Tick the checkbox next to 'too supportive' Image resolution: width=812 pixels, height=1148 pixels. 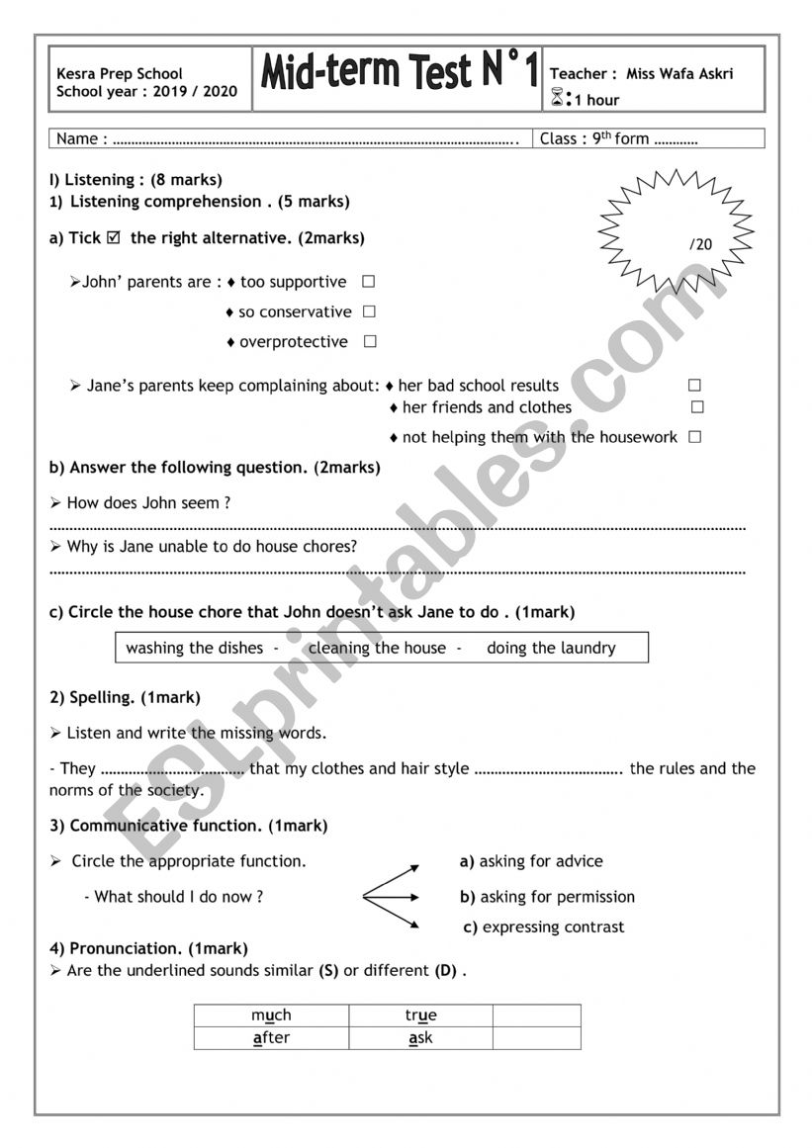point(368,282)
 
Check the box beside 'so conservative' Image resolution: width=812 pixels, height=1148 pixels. point(369,311)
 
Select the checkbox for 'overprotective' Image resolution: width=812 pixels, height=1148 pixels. point(369,342)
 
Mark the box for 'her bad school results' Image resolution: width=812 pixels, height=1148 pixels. point(694,386)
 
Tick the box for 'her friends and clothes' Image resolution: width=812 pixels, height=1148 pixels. point(697,406)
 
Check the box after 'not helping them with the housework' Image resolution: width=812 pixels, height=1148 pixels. point(694,437)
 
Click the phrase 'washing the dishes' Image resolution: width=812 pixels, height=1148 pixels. point(195,649)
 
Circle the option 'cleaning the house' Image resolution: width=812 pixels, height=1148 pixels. point(377,649)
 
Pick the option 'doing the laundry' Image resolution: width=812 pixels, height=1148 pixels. point(551,649)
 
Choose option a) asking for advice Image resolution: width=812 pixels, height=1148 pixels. point(532,861)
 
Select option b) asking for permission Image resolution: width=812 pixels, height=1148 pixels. point(548,897)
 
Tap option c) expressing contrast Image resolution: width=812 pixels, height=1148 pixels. point(544,927)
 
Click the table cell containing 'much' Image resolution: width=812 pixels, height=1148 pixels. point(271,1016)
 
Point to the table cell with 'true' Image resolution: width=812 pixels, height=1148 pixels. point(420,1016)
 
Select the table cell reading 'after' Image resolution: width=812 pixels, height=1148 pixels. point(271,1038)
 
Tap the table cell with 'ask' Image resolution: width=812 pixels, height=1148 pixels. point(420,1038)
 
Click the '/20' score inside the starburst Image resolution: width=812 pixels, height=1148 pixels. point(700,244)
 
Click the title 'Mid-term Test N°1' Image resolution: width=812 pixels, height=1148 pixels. point(399,73)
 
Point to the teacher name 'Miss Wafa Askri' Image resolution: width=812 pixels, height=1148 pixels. point(679,74)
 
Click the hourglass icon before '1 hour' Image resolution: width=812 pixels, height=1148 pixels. point(557,98)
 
